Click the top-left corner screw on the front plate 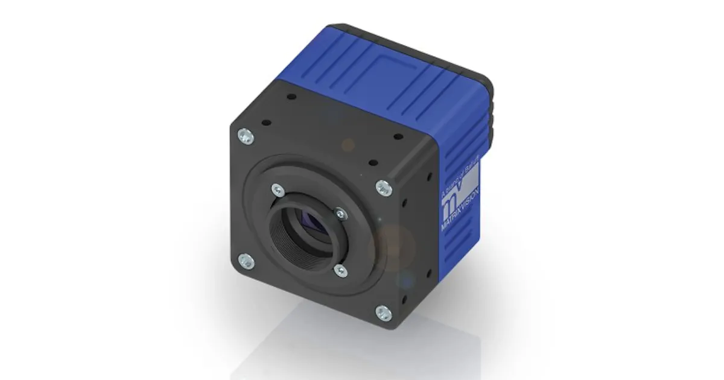[246, 137]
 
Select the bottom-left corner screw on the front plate [246, 261]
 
